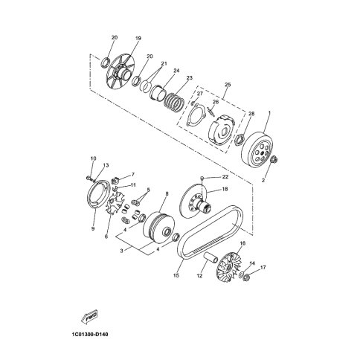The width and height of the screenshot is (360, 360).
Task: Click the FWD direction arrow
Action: [89, 317]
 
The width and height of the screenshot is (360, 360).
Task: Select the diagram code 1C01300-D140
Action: [90, 335]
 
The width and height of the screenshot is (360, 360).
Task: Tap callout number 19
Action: [138, 39]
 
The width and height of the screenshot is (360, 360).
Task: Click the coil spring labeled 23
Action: [174, 101]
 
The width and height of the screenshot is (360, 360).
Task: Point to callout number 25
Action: [228, 85]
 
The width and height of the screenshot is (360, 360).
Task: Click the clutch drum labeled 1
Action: [257, 150]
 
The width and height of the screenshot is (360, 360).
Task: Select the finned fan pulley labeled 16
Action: [227, 266]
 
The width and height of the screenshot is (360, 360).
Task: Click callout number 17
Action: [263, 268]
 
